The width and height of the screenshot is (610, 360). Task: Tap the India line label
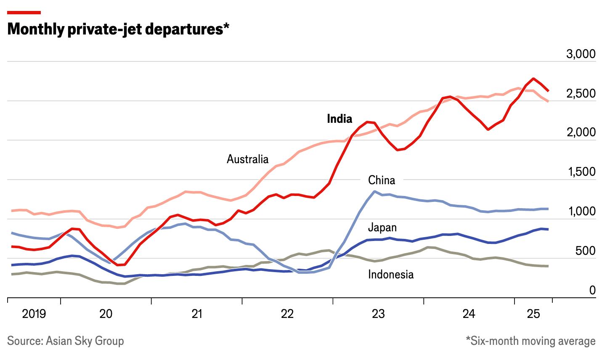point(339,119)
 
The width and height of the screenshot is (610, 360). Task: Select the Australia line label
point(247,159)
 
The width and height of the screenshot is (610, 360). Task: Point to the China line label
point(382,180)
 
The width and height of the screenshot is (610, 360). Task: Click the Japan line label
point(382,228)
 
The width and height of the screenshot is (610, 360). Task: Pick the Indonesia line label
point(390,275)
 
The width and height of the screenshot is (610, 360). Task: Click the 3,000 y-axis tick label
point(581,54)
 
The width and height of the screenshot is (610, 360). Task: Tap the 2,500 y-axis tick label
point(581,93)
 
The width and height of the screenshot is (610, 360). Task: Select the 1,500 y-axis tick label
point(581,172)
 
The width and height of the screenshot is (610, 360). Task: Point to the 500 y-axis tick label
point(585,251)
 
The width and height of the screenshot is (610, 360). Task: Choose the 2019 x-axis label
point(34,314)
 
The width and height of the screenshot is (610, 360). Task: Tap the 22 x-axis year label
point(287,314)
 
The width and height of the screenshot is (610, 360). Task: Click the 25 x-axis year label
point(533,314)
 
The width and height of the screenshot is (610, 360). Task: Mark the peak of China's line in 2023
point(374,191)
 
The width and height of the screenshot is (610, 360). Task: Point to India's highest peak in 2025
point(533,79)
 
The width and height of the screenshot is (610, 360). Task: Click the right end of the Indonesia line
point(547,266)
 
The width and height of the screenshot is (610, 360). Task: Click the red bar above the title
point(24,13)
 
